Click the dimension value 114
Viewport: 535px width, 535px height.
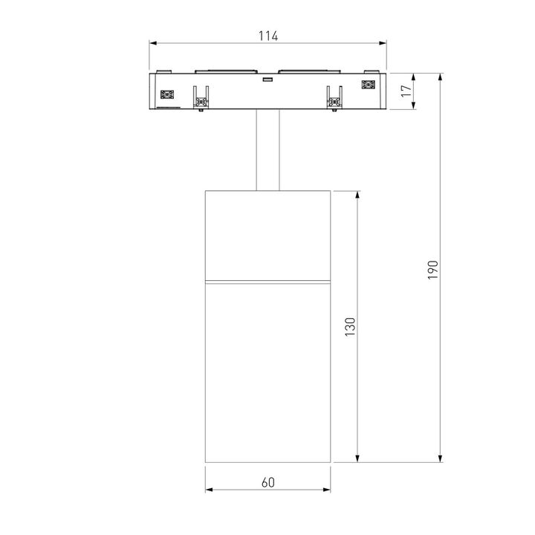pyautogui.click(x=268, y=36)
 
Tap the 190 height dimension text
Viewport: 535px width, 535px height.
pyautogui.click(x=433, y=269)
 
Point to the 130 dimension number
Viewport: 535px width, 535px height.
pyautogui.click(x=350, y=327)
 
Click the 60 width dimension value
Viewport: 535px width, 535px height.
pyautogui.click(x=268, y=482)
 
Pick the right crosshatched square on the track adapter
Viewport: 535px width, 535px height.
pyautogui.click(x=368, y=85)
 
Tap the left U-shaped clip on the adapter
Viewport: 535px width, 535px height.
pyautogui.click(x=200, y=97)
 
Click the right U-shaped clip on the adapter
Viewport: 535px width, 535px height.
pyautogui.click(x=335, y=97)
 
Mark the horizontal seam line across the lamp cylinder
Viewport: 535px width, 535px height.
pyautogui.click(x=268, y=282)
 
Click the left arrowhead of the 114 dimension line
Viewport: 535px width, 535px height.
pyautogui.click(x=153, y=44)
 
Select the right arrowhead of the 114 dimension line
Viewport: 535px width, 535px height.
pyautogui.click(x=384, y=44)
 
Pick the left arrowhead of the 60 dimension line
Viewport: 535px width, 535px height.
pyautogui.click(x=209, y=490)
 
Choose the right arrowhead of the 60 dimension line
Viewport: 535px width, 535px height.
pyautogui.click(x=328, y=490)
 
